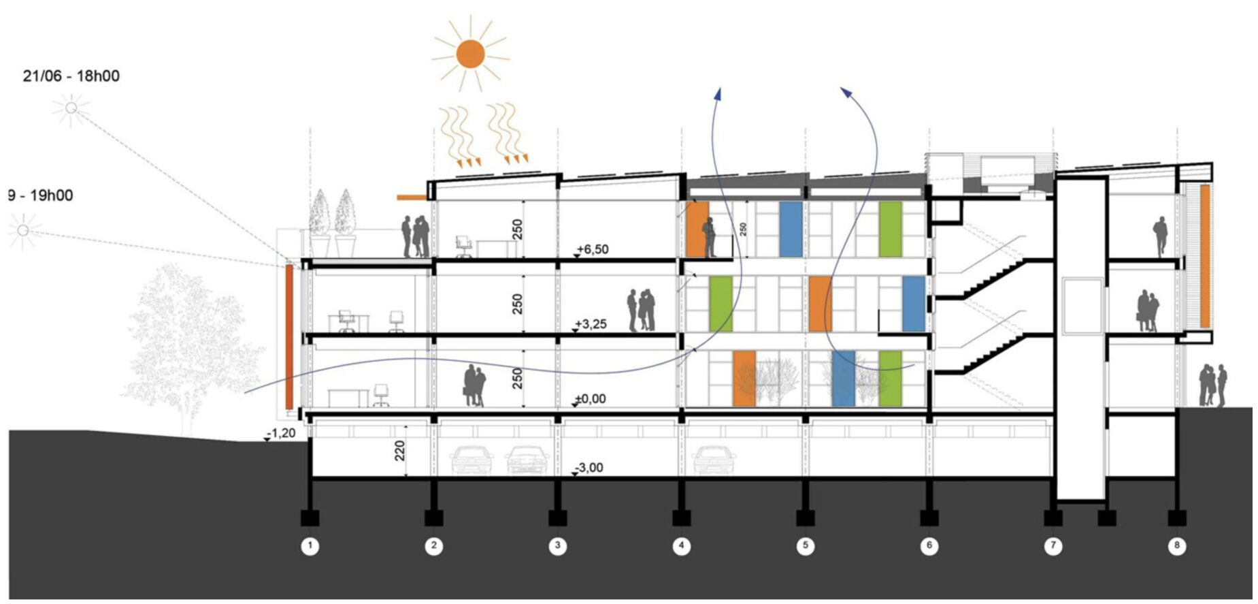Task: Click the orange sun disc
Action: (470, 54)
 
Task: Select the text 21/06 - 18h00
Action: (71, 76)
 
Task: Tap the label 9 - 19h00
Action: (40, 195)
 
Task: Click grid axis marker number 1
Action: (310, 545)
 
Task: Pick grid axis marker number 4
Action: (681, 545)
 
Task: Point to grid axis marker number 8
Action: (1176, 545)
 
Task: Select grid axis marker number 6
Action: (929, 545)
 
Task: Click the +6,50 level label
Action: (592, 249)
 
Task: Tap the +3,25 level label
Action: (591, 324)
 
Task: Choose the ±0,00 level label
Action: (590, 399)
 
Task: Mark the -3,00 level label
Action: (589, 468)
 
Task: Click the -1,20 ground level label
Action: (281, 433)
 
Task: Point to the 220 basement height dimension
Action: (399, 450)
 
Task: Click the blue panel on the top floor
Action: (790, 229)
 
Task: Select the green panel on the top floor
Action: (890, 229)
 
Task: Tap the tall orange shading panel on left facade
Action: (289, 337)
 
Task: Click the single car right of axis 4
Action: (714, 460)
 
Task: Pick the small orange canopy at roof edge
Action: (412, 197)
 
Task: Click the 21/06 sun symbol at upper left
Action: (71, 108)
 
